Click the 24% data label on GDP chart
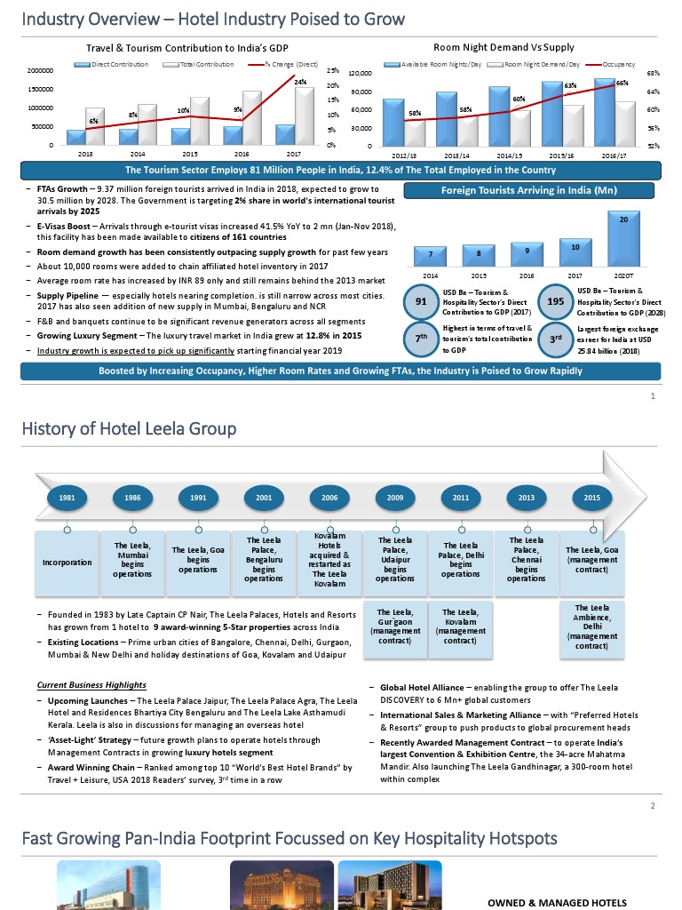pos(300,82)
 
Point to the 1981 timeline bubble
pos(67,498)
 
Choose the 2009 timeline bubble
pos(395,498)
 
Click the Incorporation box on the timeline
pos(67,563)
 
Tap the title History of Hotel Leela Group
pos(130,429)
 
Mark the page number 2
pos(653,806)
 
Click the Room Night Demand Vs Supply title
pos(504,47)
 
